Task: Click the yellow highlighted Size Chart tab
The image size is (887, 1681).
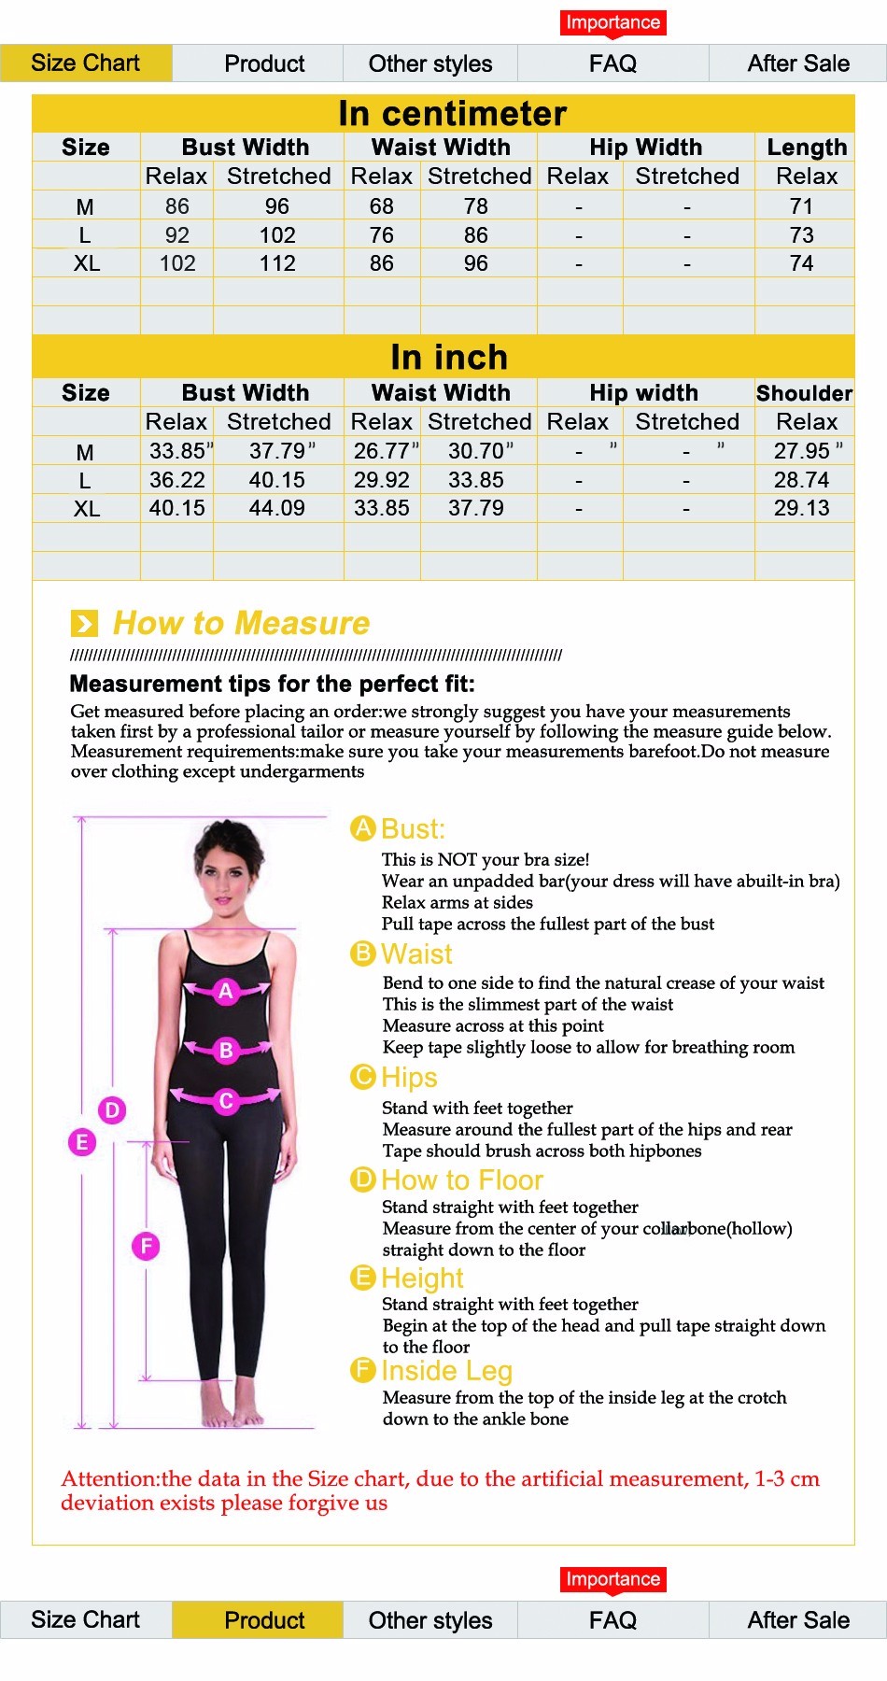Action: [x=85, y=64]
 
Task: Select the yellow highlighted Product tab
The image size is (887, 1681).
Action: [x=264, y=1619]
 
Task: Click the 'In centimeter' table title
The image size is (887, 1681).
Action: [x=452, y=113]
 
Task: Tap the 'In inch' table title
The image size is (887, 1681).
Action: [x=449, y=357]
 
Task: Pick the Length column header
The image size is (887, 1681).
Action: [x=807, y=147]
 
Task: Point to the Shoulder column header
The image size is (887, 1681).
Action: [x=804, y=392]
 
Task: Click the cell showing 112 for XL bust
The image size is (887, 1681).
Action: [x=277, y=263]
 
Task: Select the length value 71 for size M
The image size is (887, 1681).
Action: [x=801, y=206]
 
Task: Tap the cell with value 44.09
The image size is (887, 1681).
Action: [x=277, y=508]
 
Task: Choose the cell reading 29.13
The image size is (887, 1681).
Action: [x=801, y=508]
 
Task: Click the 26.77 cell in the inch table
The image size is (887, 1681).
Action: [x=382, y=451]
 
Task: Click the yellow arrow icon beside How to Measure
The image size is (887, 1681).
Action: [x=84, y=623]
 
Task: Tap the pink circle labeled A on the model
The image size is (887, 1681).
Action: [x=225, y=991]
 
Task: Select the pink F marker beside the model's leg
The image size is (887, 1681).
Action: [x=146, y=1245]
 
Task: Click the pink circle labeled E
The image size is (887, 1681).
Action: [x=82, y=1141]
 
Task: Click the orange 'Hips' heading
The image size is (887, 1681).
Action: [x=409, y=1077]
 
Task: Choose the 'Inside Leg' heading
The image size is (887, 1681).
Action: [x=446, y=1370]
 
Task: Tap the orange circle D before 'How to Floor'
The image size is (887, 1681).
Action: [x=362, y=1180]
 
